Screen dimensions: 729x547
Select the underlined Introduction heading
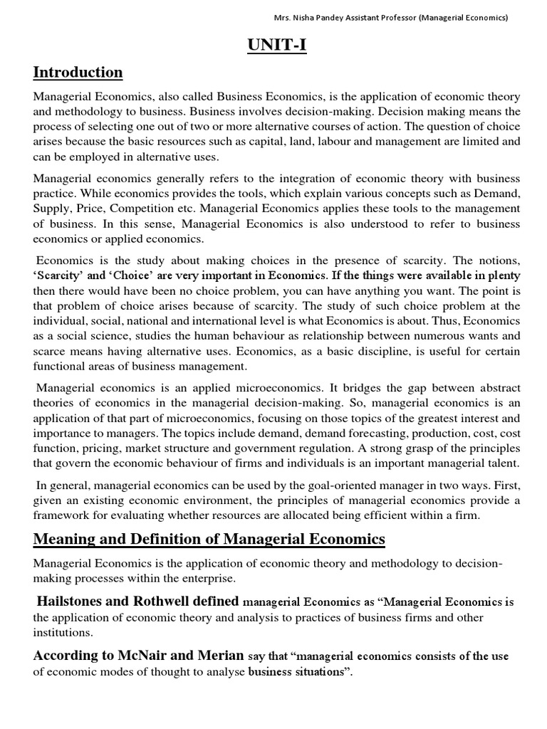78,73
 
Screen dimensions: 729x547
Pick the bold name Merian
218,656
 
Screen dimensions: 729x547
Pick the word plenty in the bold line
502,276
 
